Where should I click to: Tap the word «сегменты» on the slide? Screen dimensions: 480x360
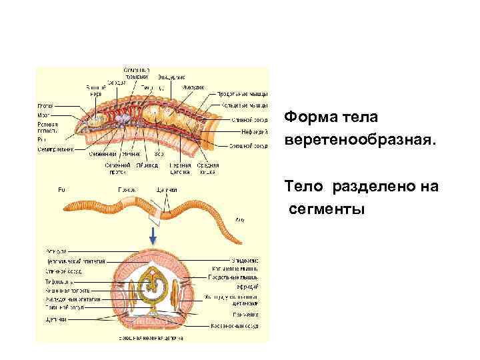[x=327, y=210]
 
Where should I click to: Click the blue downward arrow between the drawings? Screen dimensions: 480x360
[x=153, y=235]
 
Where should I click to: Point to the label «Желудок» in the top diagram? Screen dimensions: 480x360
[x=194, y=87]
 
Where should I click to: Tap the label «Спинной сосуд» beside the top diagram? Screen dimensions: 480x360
[x=250, y=120]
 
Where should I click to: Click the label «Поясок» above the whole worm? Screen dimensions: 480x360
[x=127, y=189]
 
